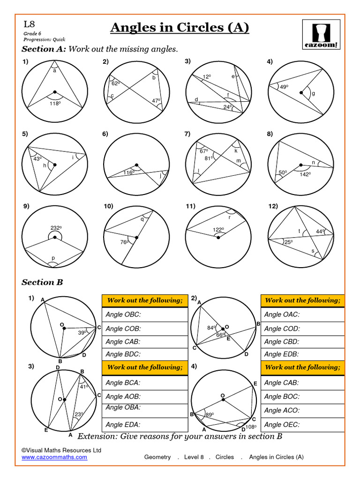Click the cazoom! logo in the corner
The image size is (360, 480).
pyautogui.click(x=321, y=34)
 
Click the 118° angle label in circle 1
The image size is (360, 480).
pyautogui.click(x=55, y=104)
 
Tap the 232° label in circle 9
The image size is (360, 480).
pyautogui.click(x=56, y=228)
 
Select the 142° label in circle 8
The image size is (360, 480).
pyautogui.click(x=306, y=174)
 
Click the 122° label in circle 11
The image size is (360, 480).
pyautogui.click(x=218, y=230)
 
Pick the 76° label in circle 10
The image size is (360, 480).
pyautogui.click(x=124, y=242)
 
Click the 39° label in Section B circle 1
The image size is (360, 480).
pyautogui.click(x=82, y=332)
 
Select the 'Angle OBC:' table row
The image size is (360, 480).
pyautogui.click(x=144, y=315)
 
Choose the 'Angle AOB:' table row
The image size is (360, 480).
pyautogui.click(x=144, y=397)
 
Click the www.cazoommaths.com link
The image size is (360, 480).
pyautogui.click(x=54, y=457)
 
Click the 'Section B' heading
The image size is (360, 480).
pyautogui.click(x=42, y=282)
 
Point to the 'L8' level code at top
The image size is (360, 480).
pyautogui.click(x=29, y=25)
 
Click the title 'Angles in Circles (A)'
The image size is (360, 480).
pyautogui.click(x=180, y=28)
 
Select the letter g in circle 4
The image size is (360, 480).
pyautogui.click(x=313, y=93)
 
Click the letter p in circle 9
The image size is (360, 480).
pyautogui.click(x=53, y=258)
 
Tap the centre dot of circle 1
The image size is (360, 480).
pyautogui.click(x=55, y=92)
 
